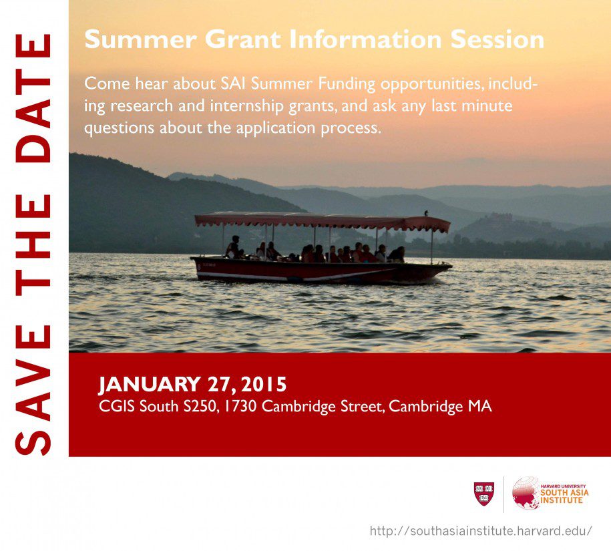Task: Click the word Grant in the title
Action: [243, 39]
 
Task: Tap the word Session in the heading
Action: [497, 39]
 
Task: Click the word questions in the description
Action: [120, 129]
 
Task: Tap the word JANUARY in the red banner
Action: [150, 385]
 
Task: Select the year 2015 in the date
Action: [264, 385]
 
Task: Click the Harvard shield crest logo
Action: [484, 494]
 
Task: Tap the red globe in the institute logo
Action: [526, 493]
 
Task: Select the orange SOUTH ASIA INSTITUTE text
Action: [564, 496]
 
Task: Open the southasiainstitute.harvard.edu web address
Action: [481, 531]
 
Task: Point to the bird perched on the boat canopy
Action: [426, 213]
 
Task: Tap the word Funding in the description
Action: [347, 84]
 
